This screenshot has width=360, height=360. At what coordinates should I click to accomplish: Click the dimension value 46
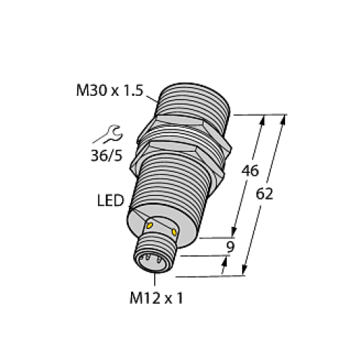click(249, 171)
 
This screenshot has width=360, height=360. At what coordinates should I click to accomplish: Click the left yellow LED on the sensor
click(149, 226)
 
